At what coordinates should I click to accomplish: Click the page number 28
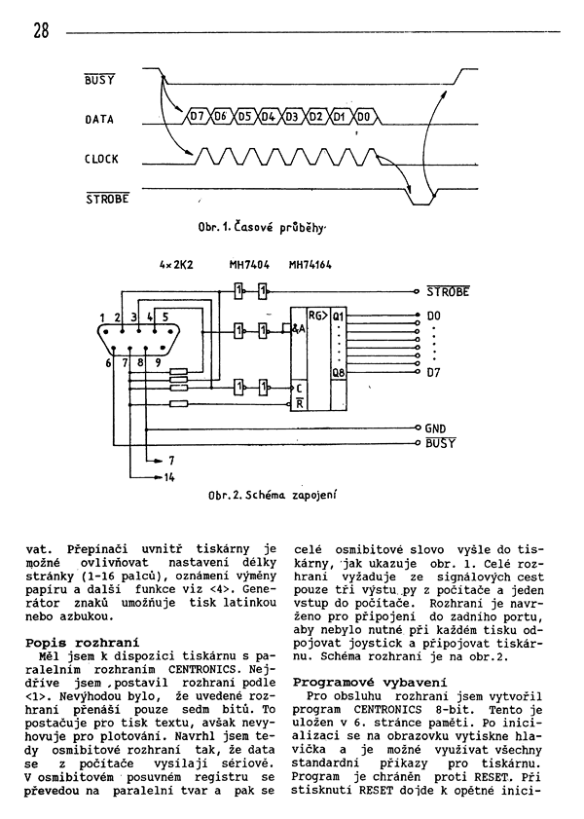[x=41, y=30]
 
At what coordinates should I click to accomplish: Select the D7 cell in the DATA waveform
[x=197, y=117]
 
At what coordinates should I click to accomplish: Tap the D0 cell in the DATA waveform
[x=364, y=117]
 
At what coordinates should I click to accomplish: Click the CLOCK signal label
[x=101, y=159]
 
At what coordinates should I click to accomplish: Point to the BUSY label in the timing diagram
[x=99, y=80]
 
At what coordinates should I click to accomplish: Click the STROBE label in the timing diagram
[x=107, y=199]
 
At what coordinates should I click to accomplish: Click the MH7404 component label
[x=249, y=265]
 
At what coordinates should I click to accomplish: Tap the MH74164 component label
[x=310, y=265]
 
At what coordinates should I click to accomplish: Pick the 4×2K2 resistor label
[x=176, y=265]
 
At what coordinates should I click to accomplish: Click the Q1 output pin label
[x=338, y=316]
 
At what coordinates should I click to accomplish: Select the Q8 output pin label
[x=338, y=373]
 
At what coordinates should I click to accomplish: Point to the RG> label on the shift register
[x=318, y=316]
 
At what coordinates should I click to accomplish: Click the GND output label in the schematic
[x=435, y=428]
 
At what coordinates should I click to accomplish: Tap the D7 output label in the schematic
[x=434, y=373]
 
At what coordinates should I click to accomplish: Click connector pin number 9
[x=158, y=362]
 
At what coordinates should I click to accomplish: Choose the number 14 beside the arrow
[x=169, y=477]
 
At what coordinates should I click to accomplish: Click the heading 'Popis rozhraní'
[x=83, y=643]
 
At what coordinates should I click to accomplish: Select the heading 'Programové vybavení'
[x=370, y=683]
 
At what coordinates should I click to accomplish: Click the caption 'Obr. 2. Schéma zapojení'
[x=272, y=494]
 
